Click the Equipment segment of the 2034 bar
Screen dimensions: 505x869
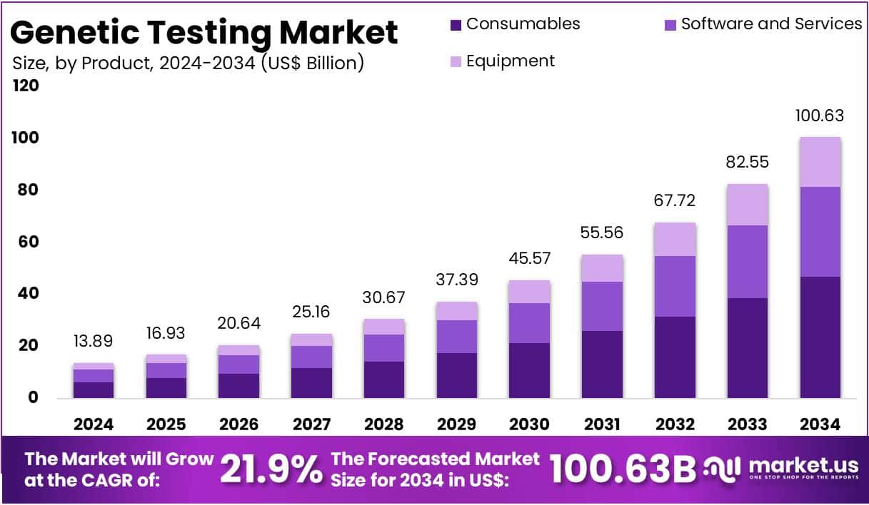(820, 162)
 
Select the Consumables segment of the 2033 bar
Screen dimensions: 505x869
(747, 347)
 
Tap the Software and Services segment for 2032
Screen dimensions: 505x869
(675, 286)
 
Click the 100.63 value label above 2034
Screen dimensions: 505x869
(820, 116)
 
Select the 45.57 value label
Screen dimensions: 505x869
(529, 258)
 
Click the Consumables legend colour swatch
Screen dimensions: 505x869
(456, 25)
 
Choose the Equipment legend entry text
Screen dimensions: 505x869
(510, 61)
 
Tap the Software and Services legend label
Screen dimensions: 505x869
(771, 24)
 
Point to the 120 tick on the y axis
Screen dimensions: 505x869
(25, 86)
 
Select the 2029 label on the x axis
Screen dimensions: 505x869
(457, 424)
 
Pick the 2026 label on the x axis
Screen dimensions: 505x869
(239, 424)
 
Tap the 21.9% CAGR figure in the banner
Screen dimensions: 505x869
(271, 469)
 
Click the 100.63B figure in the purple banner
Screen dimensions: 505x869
(622, 469)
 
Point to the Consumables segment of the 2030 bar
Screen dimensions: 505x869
(529, 370)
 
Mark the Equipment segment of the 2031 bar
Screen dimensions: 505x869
(602, 268)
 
